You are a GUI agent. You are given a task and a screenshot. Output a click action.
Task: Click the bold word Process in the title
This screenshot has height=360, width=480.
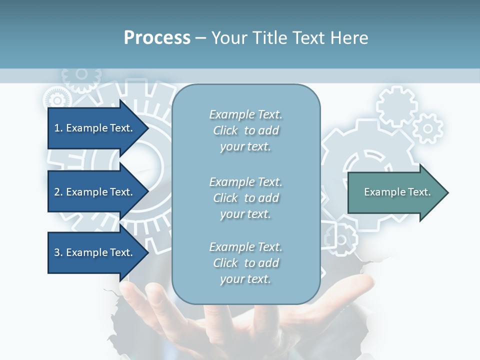(x=157, y=38)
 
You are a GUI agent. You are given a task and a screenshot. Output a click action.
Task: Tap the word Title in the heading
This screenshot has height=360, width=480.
(x=268, y=38)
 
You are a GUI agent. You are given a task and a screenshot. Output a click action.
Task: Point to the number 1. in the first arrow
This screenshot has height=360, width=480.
(x=58, y=128)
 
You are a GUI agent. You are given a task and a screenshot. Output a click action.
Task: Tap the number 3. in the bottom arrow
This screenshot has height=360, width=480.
(x=58, y=252)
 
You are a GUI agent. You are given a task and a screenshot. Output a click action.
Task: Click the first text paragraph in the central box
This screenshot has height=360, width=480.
(x=245, y=130)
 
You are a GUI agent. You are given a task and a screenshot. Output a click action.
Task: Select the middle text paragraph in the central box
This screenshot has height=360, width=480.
(x=245, y=197)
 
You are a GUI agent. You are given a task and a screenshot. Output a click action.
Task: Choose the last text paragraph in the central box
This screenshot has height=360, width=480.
(x=245, y=263)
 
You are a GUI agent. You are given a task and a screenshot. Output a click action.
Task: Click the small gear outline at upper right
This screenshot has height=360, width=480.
(x=428, y=128)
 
